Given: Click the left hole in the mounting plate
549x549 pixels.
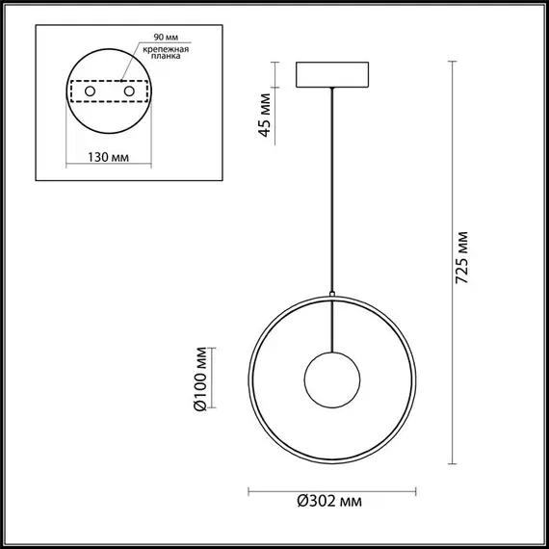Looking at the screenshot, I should [x=91, y=91].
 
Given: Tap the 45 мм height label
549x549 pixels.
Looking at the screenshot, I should [x=266, y=118].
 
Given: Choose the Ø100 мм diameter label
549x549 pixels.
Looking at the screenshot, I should [x=200, y=379].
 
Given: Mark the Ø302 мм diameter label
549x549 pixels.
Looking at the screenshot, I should [x=330, y=500].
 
